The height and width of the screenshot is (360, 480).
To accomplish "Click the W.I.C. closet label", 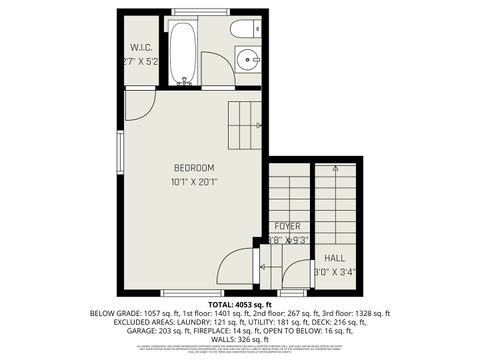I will click(x=140, y=47).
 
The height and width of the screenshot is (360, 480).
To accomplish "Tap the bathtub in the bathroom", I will click(x=183, y=52).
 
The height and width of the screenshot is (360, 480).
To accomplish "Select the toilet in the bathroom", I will click(x=245, y=29).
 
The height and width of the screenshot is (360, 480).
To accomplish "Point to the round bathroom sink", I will click(x=249, y=60).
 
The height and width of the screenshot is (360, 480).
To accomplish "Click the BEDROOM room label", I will click(x=193, y=168).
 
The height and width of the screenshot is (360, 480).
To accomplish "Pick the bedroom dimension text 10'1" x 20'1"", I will click(x=193, y=182).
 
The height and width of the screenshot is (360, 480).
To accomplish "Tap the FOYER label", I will click(x=288, y=227).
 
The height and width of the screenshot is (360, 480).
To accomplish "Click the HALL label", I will click(x=334, y=257).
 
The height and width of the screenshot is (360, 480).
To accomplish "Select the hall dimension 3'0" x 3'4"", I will click(x=334, y=270).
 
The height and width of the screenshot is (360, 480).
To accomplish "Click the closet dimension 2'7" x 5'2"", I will click(x=140, y=62).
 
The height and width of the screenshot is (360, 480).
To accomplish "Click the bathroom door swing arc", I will click(x=215, y=70).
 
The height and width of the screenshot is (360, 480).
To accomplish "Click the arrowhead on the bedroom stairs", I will click(x=259, y=125).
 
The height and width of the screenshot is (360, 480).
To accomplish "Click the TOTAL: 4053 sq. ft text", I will click(x=240, y=304).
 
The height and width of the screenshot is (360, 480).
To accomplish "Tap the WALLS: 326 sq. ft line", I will click(x=240, y=339).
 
